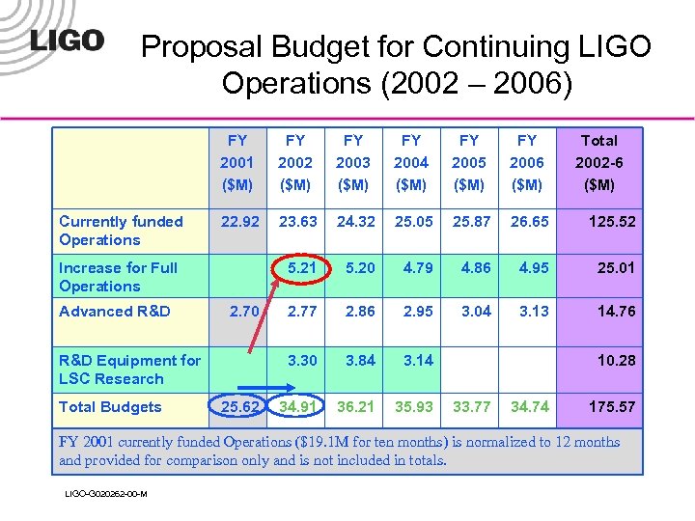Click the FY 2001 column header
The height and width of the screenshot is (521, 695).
(237, 162)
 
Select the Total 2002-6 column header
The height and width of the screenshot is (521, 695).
(599, 162)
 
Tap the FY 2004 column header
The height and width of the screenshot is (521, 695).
(411, 162)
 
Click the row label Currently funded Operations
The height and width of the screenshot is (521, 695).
(121, 231)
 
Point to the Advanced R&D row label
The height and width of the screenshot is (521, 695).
(114, 311)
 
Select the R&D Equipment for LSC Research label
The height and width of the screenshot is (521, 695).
(129, 370)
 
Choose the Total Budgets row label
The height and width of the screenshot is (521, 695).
(110, 406)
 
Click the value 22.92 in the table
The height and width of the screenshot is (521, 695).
(237, 221)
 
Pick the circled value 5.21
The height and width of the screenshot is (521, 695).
(302, 267)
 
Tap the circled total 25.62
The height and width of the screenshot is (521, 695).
(238, 406)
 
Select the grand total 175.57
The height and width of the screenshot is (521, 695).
(612, 406)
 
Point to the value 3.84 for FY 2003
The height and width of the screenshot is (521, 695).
(360, 360)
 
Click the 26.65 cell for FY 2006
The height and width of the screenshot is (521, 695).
(530, 221)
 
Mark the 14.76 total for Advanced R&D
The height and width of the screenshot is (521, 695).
(616, 311)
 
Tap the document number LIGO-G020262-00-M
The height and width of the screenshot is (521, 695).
(102, 494)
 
